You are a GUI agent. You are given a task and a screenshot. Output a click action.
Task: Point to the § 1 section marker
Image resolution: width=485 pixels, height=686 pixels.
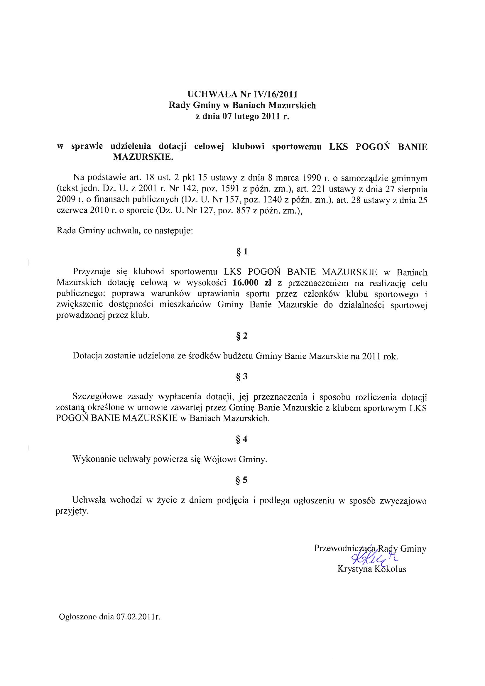pyautogui.click(x=242, y=252)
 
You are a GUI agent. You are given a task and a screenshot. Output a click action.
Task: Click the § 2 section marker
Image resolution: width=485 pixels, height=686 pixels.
pyautogui.click(x=242, y=336)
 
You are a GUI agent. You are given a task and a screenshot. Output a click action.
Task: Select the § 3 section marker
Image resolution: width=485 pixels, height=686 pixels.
pyautogui.click(x=242, y=376)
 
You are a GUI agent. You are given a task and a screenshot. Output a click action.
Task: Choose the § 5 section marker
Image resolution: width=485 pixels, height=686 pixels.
pyautogui.click(x=242, y=480)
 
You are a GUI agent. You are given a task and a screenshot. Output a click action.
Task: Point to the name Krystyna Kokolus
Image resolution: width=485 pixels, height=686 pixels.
pyautogui.click(x=372, y=569)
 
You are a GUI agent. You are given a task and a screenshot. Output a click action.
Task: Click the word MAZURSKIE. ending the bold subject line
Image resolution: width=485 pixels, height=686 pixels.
pyautogui.click(x=143, y=157)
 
